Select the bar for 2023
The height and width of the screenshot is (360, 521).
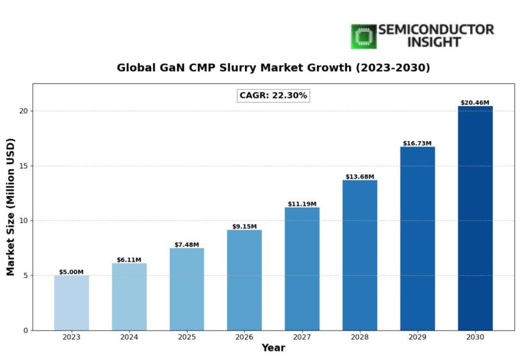72,303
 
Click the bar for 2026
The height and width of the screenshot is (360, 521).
244,280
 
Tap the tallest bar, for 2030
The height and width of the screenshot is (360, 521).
475,218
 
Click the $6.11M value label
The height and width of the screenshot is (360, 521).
129,260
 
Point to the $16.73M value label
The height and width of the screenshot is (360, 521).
417,143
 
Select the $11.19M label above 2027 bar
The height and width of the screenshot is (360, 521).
302,204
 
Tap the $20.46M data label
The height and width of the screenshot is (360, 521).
475,103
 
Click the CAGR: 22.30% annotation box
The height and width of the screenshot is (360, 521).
274,96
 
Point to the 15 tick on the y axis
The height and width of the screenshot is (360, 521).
23,166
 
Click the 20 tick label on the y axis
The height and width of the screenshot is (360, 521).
23,111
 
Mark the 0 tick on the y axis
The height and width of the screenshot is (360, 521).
25,331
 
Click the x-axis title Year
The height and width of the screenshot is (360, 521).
273,349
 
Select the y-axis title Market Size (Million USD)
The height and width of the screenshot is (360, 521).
11,207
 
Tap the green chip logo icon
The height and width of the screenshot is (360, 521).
363,36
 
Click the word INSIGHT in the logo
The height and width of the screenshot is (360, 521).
434,42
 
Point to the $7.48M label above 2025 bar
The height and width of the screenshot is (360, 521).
187,245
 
